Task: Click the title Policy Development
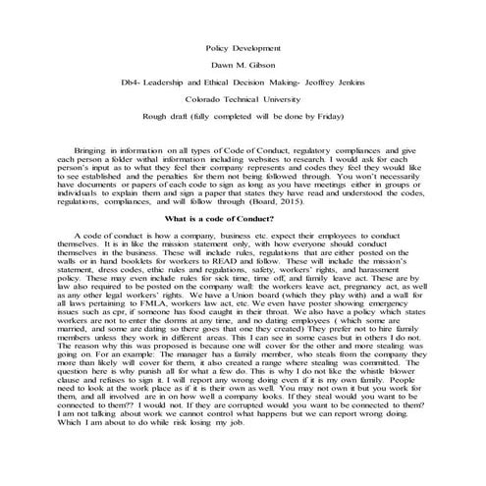pos(243,47)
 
